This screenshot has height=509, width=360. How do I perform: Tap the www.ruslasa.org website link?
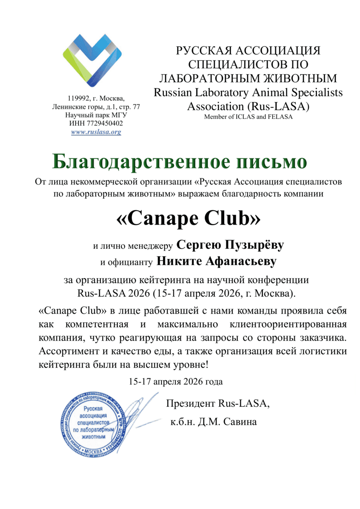point(96,132)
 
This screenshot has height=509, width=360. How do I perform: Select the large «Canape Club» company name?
point(188,218)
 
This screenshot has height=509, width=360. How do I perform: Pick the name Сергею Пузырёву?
point(231,245)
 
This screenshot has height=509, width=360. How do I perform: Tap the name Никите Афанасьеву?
point(209,261)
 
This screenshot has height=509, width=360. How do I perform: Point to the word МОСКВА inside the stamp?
point(94,451)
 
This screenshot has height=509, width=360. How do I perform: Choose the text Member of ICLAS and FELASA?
point(248,117)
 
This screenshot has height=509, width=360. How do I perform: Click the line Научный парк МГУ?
point(96,115)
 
